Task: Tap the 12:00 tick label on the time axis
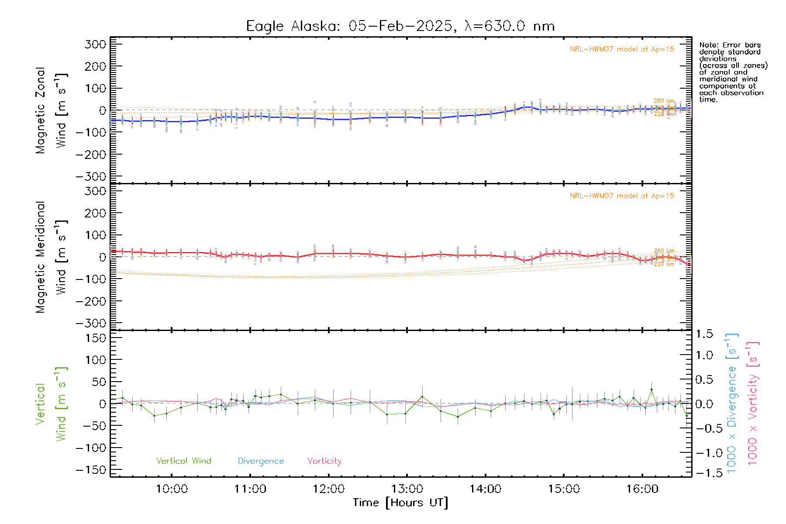(328, 489)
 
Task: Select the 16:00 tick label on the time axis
(642, 489)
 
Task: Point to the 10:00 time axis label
(172, 489)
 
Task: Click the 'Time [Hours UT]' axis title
(400, 503)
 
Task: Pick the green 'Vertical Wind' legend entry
(183, 461)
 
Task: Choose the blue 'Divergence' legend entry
(261, 461)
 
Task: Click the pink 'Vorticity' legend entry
(324, 461)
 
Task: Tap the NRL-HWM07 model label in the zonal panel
(622, 49)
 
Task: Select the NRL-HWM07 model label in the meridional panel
(622, 196)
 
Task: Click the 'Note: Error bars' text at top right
(730, 45)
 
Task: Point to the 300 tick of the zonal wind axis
(96, 44)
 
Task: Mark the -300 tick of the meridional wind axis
(91, 323)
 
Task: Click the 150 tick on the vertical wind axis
(96, 338)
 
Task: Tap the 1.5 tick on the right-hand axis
(704, 334)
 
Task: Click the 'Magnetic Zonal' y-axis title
(41, 110)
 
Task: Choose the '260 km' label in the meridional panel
(664, 251)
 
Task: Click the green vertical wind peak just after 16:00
(652, 390)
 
